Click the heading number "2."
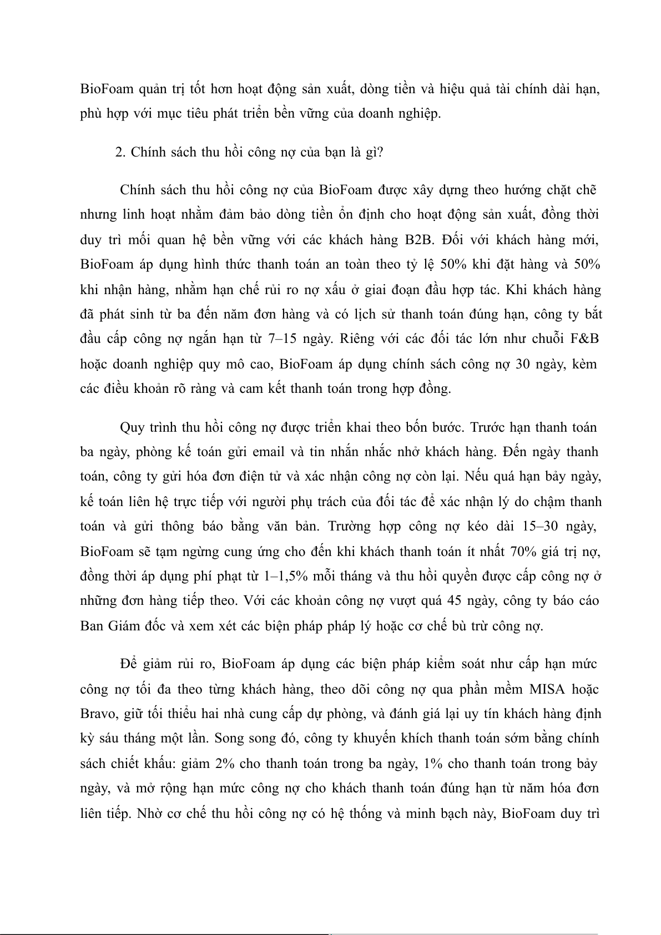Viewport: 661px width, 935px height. click(x=121, y=153)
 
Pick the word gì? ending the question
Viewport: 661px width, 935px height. click(x=374, y=153)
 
